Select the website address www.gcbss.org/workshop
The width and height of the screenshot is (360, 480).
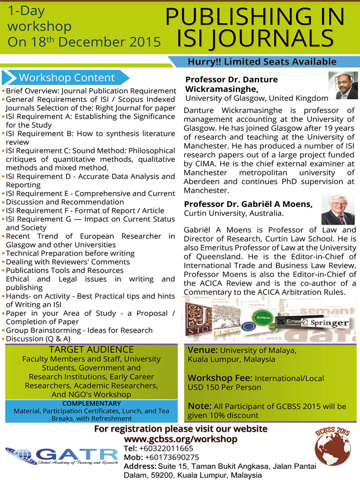(x=181, y=439)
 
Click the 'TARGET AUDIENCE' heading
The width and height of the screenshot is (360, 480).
(x=91, y=349)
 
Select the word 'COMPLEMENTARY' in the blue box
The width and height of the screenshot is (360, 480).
(x=91, y=403)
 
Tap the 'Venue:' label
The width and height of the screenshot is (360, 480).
(x=203, y=350)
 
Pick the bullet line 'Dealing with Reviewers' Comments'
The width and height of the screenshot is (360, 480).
(x=68, y=262)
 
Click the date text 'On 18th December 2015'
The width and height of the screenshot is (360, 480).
(x=84, y=41)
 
